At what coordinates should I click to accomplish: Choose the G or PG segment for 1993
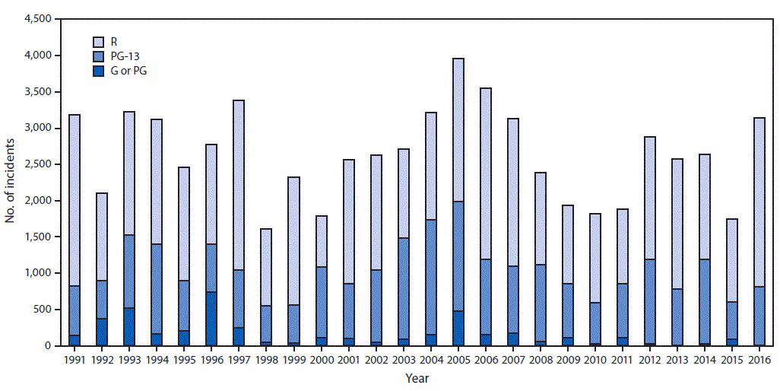coord(128,327)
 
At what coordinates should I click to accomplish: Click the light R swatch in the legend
coord(98,40)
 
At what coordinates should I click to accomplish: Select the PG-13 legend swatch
coord(98,56)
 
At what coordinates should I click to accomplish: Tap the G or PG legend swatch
coord(98,71)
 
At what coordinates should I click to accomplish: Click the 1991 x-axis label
coord(75,358)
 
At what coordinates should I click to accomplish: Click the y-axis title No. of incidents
coord(11,181)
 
